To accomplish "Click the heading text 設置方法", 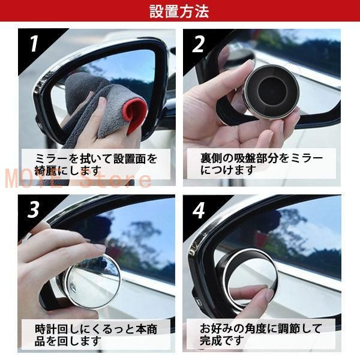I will pos(179,11).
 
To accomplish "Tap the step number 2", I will pos(199,44).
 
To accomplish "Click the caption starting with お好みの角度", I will pos(262,334).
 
